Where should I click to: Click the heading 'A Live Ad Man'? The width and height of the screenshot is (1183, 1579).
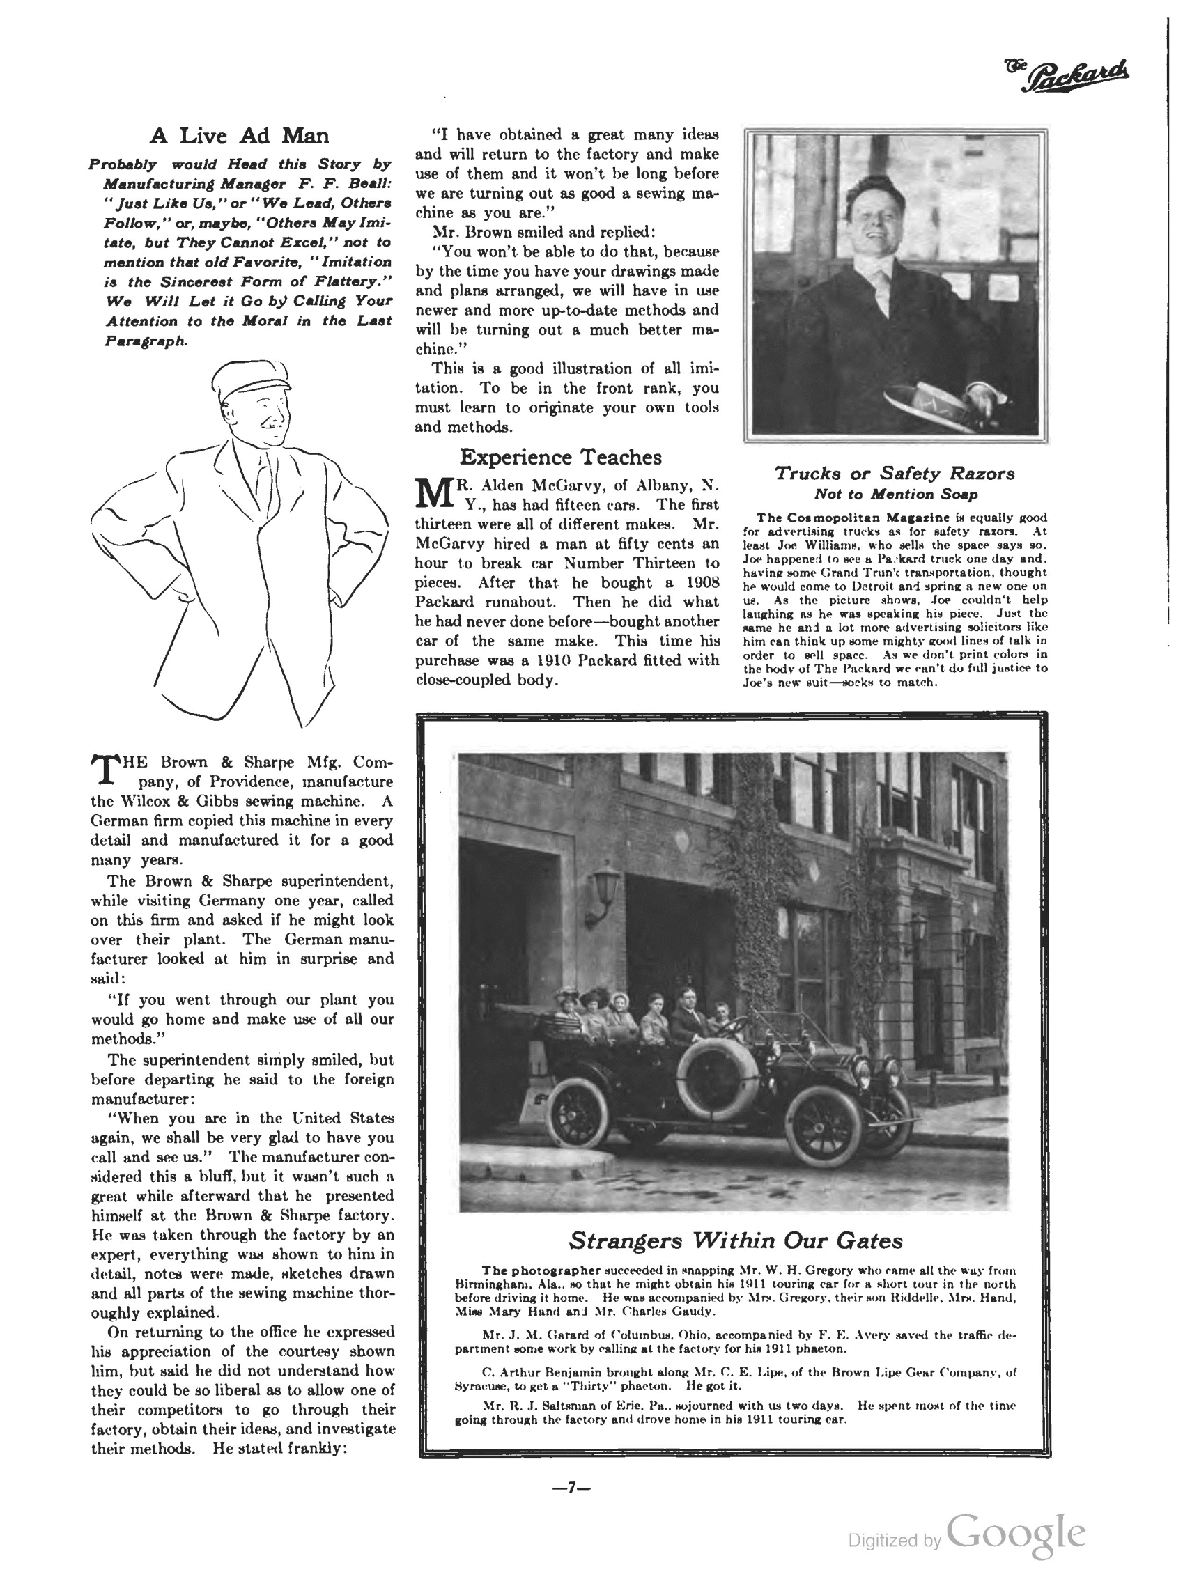(x=239, y=136)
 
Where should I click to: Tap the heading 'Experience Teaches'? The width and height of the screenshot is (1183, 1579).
(x=559, y=457)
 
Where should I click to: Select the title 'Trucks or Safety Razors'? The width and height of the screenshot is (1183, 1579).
(x=895, y=473)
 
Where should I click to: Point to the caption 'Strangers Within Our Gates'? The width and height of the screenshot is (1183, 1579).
(x=734, y=1240)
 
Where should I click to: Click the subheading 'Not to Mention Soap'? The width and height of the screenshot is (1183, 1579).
(x=895, y=494)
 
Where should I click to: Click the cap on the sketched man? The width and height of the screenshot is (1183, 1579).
(x=249, y=378)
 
